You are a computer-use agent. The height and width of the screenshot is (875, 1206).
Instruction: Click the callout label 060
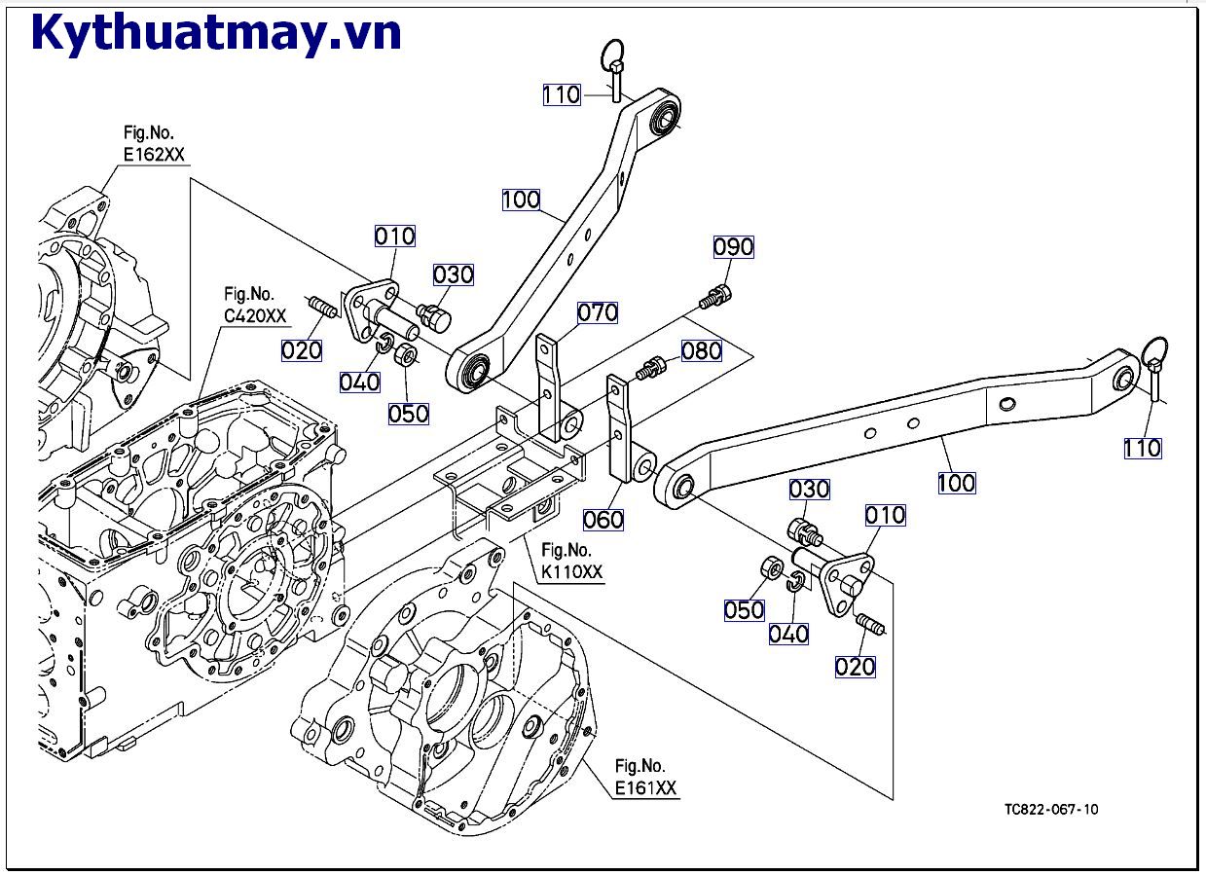603,520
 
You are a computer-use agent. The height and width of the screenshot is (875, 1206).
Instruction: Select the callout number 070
597,312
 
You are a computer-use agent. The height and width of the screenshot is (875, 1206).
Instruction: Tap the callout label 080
701,351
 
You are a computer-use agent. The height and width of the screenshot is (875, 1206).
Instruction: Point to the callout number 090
733,247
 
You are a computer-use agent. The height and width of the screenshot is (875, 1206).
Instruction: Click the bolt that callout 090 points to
715,297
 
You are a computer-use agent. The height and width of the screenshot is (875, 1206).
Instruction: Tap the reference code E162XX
154,155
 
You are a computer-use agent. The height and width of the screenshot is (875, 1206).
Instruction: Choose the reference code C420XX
255,315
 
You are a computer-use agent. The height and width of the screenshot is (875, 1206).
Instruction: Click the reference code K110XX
571,571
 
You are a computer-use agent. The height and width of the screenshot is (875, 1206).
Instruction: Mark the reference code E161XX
645,788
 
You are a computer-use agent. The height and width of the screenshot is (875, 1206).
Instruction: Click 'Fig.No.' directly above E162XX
149,132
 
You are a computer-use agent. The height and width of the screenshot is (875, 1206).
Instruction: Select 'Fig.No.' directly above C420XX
249,294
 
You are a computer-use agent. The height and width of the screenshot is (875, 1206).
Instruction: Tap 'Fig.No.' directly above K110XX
566,550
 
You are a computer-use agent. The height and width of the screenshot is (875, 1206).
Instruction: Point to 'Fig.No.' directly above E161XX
640,766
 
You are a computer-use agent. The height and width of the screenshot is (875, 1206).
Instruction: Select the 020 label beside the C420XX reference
302,350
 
